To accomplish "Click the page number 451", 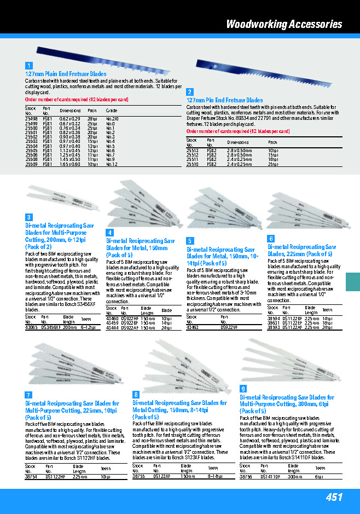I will click(334, 497).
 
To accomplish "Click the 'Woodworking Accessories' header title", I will click(284, 24).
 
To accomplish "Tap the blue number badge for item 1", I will click(29, 66).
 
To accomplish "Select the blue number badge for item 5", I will click(190, 240).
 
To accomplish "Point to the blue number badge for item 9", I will click(243, 388).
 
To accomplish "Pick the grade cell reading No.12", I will click(112, 164).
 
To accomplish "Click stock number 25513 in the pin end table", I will click(193, 150).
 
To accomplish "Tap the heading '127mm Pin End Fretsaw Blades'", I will click(225, 101).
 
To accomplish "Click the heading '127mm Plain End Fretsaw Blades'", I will click(66, 74).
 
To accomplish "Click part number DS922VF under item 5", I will click(229, 327).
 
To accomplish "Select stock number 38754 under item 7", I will click(31, 476).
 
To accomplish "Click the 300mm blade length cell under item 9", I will click(296, 476).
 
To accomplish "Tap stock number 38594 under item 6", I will click(274, 318).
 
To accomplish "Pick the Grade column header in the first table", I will click(112, 111).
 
